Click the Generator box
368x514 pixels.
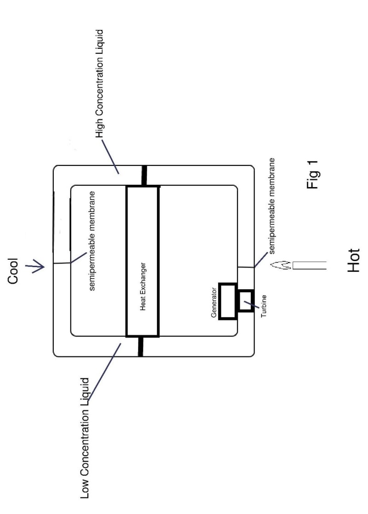pos(227,301)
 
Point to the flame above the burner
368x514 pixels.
pos(280,265)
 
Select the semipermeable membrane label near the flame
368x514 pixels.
pos(272,206)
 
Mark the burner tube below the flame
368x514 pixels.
pos(310,265)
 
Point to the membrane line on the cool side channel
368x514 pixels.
pos(62,263)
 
